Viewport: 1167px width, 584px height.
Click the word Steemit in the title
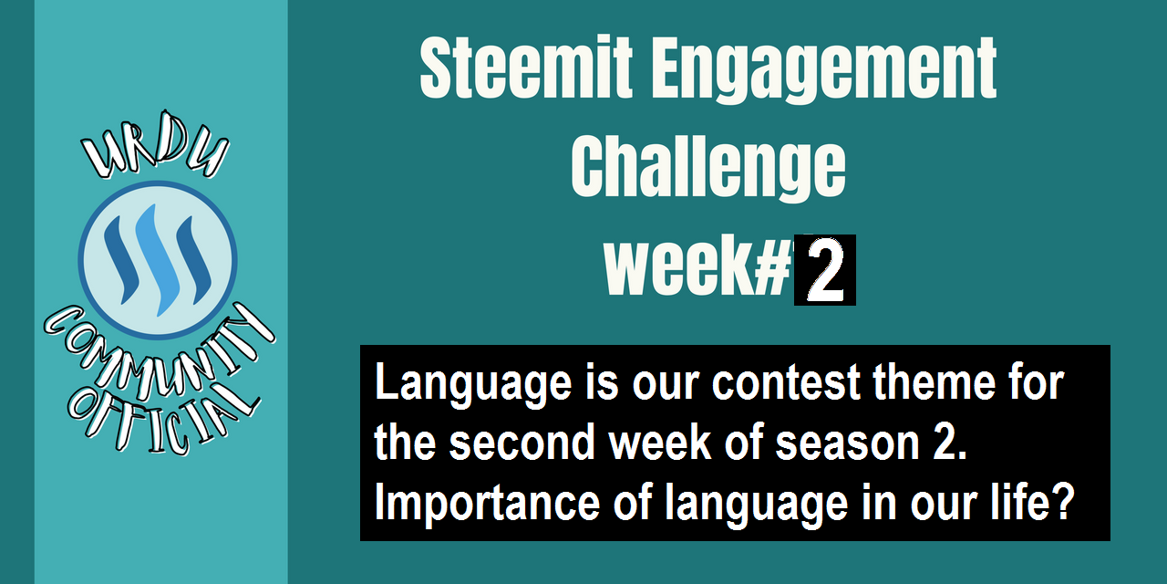coord(526,67)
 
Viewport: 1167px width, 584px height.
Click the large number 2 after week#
coord(825,270)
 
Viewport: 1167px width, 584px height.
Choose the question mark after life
coord(1063,501)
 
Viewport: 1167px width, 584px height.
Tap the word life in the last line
coord(1020,501)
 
